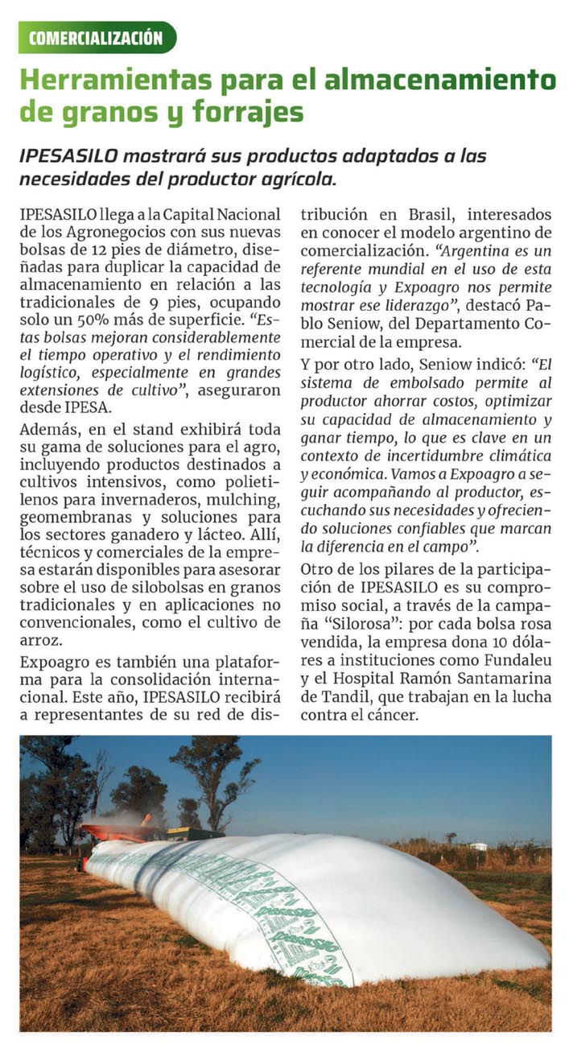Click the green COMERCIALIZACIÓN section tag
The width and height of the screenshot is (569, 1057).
coord(97,37)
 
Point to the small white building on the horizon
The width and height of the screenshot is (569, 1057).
coord(478,846)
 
